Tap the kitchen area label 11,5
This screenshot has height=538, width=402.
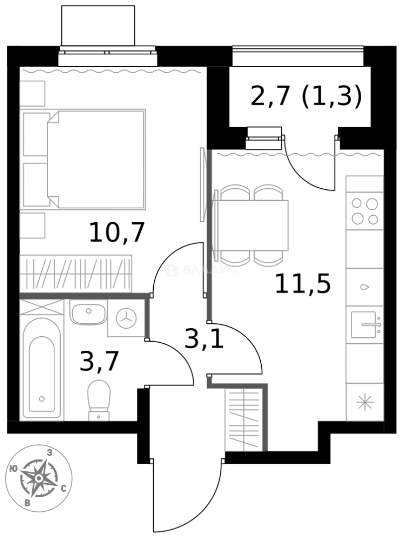[x=302, y=284]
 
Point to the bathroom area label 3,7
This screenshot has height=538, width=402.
[x=100, y=361]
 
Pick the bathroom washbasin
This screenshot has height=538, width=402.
[x=88, y=313]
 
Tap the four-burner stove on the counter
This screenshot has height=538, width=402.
[x=365, y=211]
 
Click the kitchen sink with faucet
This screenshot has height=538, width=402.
[x=365, y=325]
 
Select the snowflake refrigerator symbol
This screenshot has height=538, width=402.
[x=365, y=402]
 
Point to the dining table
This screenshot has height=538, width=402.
[x=253, y=226]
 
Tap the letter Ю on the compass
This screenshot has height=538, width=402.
[x=14, y=468]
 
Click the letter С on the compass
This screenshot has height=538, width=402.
[x=64, y=489]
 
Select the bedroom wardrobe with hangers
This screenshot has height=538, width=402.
[x=76, y=273]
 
